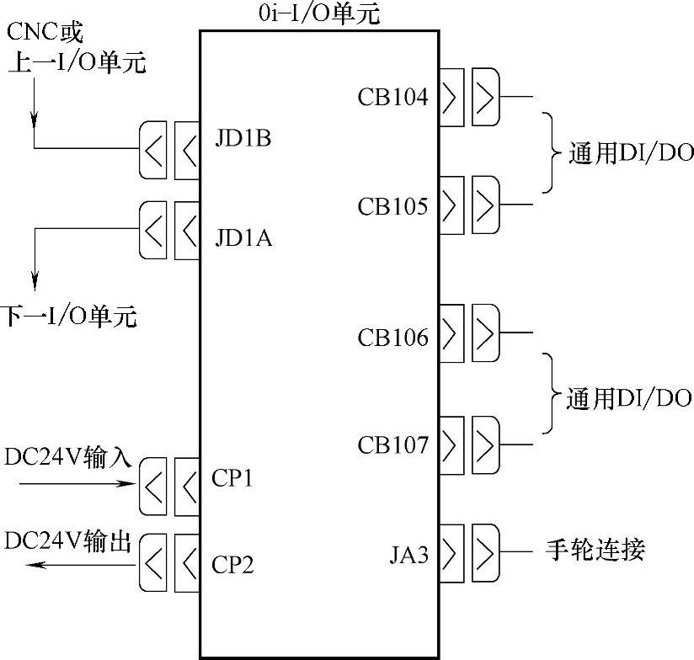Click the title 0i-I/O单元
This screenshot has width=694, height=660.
(320, 13)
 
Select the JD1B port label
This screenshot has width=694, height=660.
(243, 138)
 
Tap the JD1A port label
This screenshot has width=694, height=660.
(243, 239)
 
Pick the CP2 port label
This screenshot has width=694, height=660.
(232, 562)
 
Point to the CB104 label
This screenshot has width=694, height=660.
(392, 98)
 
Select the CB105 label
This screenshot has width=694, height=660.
(392, 205)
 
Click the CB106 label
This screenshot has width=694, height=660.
(392, 338)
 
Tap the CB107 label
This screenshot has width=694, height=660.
(392, 444)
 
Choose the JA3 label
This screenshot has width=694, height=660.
(409, 554)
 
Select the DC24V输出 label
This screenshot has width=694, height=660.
(68, 542)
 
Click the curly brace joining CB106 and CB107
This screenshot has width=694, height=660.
(552, 394)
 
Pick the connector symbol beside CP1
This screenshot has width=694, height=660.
(169, 487)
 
